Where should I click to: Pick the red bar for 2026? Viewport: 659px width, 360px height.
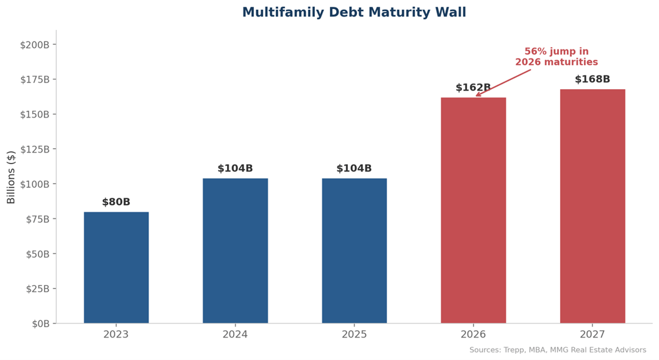[473, 210]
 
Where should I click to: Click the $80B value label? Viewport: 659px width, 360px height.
[116, 203]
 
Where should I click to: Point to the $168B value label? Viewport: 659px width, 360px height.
[592, 79]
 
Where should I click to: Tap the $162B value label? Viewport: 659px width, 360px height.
[473, 88]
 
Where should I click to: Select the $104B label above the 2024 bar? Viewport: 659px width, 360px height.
[235, 169]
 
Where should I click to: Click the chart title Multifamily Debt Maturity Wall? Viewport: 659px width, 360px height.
[354, 13]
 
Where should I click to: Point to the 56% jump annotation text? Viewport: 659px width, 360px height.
[556, 57]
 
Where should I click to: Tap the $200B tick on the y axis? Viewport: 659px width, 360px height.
[38, 45]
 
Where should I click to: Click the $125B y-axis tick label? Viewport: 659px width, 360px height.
[38, 149]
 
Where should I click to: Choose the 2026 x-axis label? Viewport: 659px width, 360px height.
[473, 335]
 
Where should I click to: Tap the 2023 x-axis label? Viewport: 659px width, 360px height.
[116, 335]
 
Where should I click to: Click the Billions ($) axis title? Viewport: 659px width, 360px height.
[12, 177]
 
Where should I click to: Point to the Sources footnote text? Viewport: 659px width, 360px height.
[557, 350]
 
